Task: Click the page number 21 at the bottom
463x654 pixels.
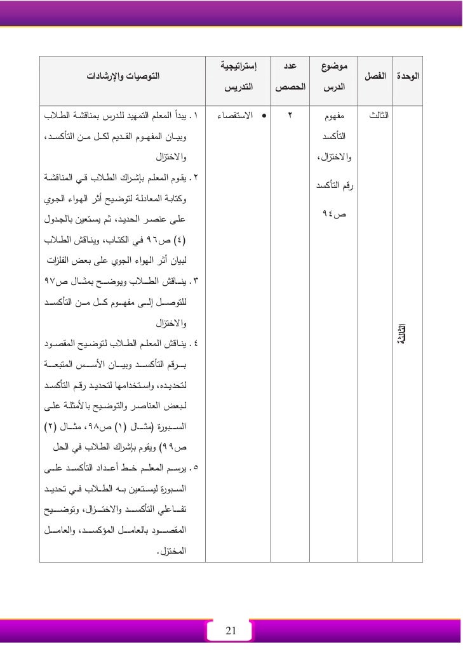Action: pos(231,631)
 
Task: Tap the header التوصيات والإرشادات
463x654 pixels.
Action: pos(123,76)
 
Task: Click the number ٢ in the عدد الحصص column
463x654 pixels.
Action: pos(290,117)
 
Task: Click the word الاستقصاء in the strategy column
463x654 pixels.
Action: pos(236,117)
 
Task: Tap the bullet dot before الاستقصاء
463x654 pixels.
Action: pos(263,117)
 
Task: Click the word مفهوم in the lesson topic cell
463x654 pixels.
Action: pos(333,117)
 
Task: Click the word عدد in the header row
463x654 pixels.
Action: pos(290,65)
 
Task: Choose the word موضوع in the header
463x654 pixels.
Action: pos(333,65)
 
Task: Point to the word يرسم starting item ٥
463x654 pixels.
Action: pos(178,469)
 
